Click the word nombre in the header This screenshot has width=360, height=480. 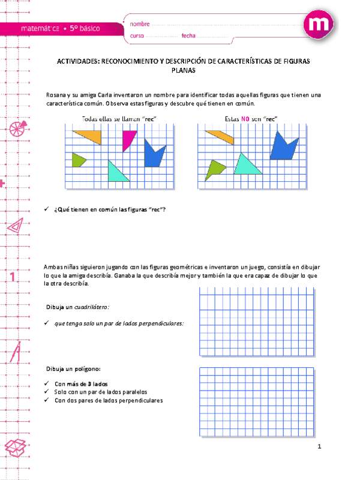tap(139, 25)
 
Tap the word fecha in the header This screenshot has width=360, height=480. tap(188, 37)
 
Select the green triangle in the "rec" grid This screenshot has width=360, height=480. tap(77, 160)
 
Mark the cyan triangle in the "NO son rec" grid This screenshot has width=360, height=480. tap(246, 165)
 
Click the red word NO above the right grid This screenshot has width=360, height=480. tap(245, 119)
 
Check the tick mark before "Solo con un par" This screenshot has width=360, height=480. tap(47, 392)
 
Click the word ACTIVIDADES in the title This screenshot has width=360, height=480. tap(78, 61)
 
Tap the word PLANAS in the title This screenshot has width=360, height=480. tap(184, 70)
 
